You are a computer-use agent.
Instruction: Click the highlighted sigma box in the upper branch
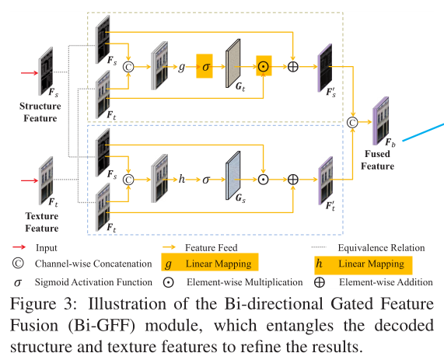pos(205,67)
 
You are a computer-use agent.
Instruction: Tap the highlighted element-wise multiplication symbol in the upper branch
pos(264,67)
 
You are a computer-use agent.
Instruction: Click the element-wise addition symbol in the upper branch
pos(293,67)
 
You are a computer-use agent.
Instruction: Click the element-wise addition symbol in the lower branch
pos(293,179)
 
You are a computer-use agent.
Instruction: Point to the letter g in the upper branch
pos(182,68)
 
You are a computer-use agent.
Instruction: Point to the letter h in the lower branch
pos(182,179)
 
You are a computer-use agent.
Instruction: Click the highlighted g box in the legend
pos(167,264)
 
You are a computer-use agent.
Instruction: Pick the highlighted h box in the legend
pos(320,264)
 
